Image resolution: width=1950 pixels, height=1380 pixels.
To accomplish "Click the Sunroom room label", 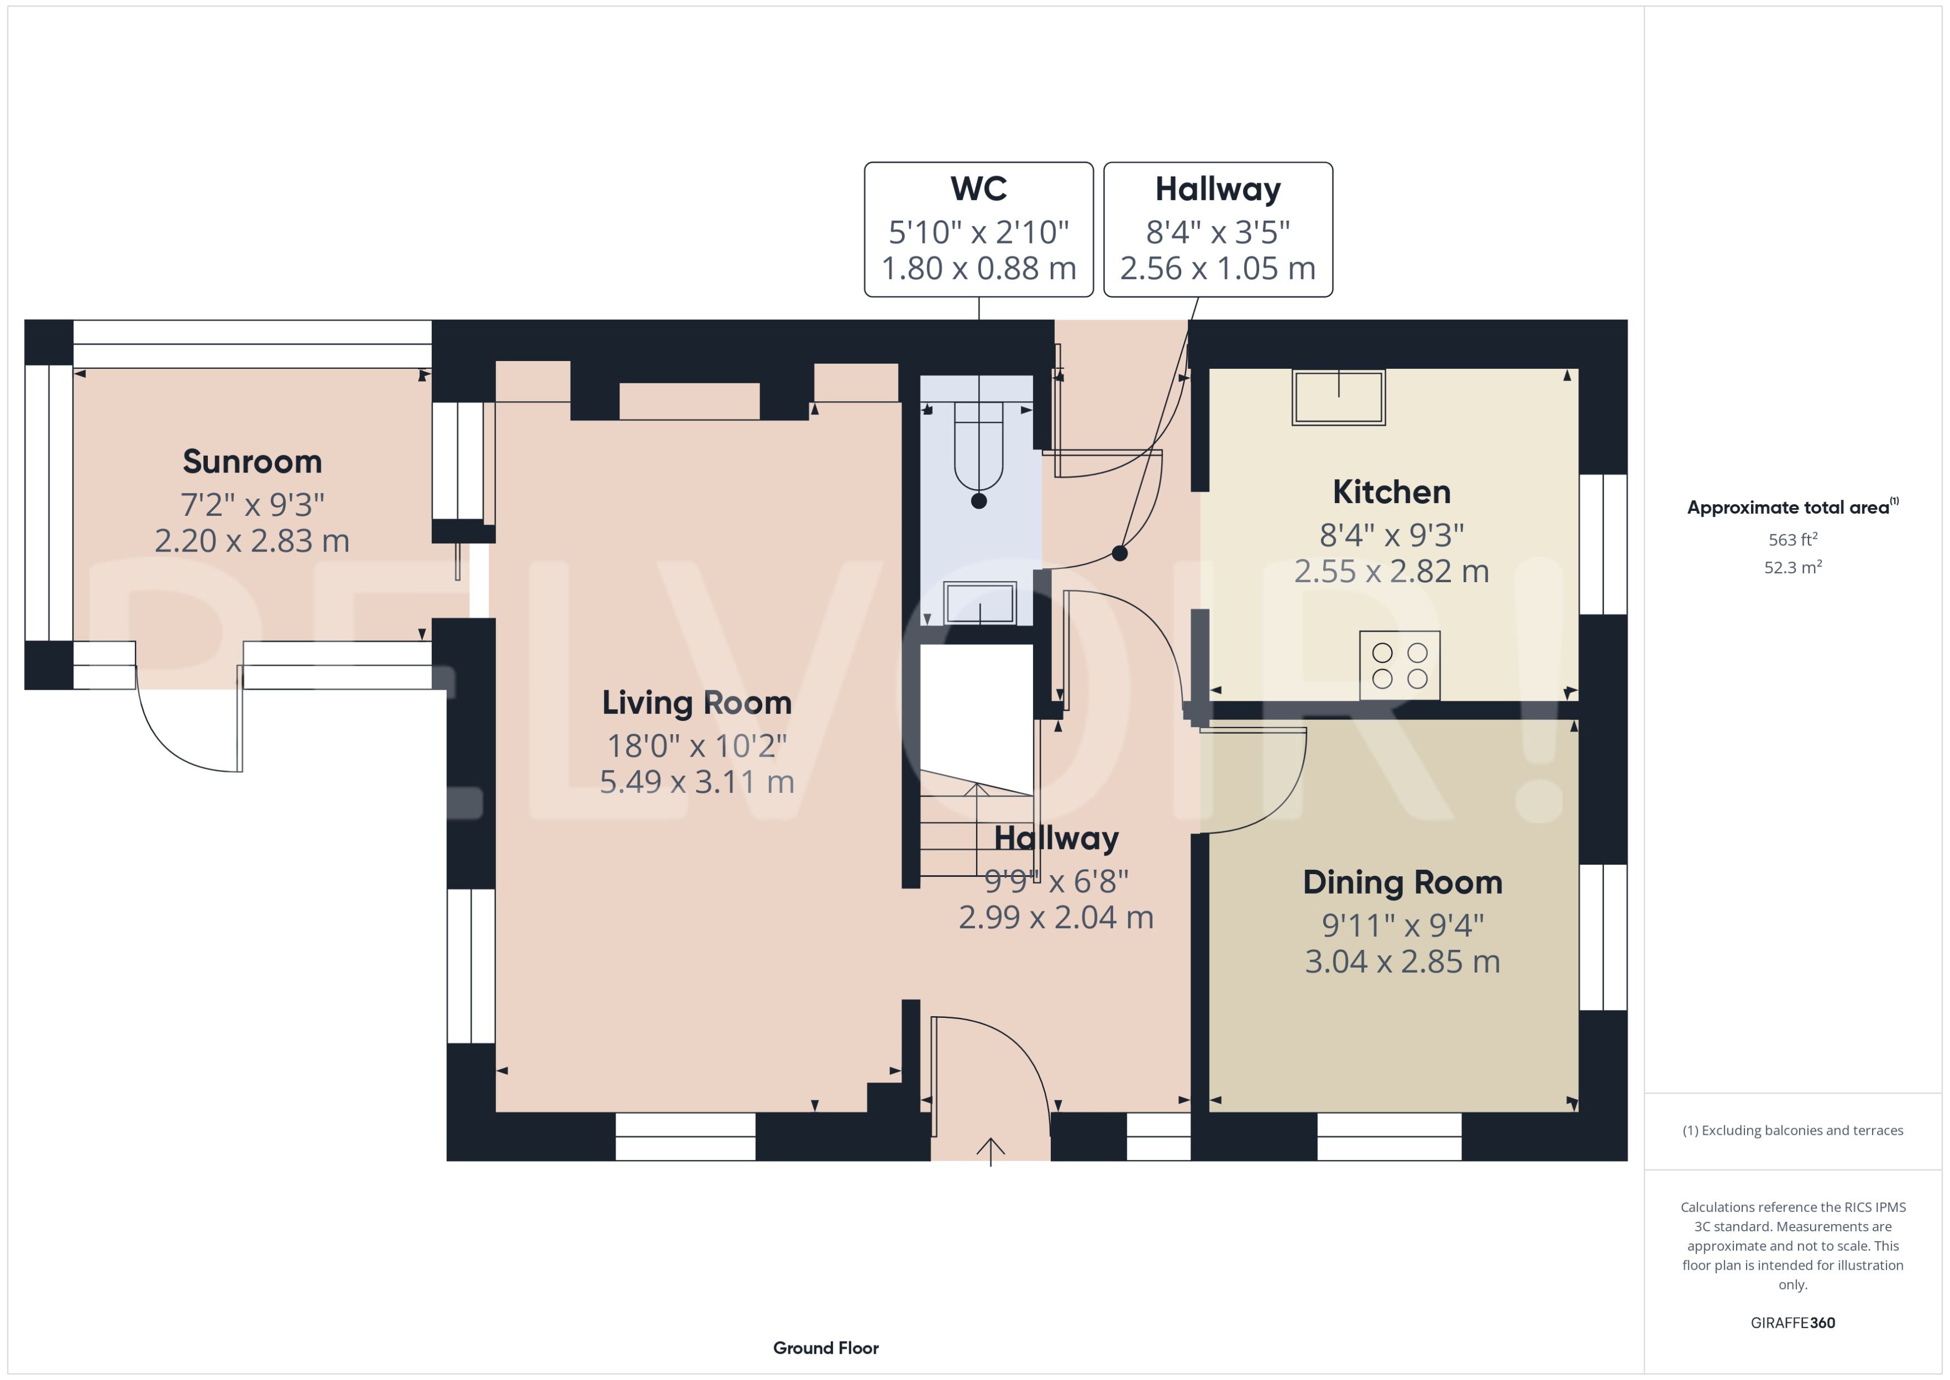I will point(252,461).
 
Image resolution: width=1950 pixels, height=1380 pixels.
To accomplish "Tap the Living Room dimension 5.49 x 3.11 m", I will point(697,782).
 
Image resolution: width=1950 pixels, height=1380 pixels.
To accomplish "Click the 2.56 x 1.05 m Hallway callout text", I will point(1217,269).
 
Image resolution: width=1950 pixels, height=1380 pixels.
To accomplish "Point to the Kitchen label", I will point(1391,492).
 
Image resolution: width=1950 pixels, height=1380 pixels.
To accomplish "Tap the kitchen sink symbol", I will point(1338,397).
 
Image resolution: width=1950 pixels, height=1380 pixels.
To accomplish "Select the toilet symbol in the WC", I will point(979,455).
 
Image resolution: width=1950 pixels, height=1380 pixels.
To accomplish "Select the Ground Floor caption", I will point(825,1348).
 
